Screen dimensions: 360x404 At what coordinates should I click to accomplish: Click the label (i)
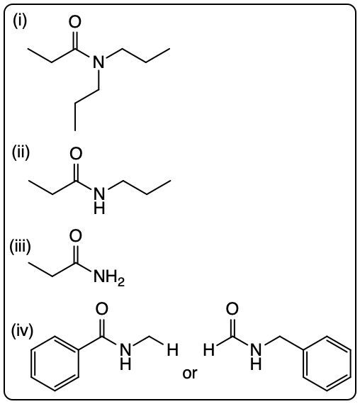click(20, 21)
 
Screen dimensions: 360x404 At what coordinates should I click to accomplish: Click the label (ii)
click(21, 152)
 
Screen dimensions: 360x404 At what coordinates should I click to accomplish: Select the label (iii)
click(20, 247)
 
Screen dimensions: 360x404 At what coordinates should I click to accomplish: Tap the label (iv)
click(22, 330)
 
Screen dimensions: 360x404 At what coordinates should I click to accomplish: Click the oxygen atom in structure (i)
click(74, 22)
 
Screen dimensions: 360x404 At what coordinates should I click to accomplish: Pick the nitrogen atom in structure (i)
click(99, 62)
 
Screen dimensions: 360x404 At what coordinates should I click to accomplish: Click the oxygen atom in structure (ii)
click(76, 153)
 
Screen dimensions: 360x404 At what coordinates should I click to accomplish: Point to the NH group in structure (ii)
click(99, 201)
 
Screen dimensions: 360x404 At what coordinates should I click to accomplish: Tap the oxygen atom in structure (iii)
click(76, 236)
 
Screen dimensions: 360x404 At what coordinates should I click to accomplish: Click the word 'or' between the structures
click(190, 373)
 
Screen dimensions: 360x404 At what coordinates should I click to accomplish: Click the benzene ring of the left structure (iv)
click(55, 364)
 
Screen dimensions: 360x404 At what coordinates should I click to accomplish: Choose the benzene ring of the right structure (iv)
click(327, 364)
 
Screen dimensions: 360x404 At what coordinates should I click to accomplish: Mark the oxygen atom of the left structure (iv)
click(102, 309)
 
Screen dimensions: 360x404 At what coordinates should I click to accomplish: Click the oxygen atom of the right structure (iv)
click(232, 309)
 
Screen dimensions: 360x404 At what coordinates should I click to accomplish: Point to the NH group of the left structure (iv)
click(125, 357)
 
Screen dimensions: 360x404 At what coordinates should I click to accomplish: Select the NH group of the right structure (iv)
click(256, 357)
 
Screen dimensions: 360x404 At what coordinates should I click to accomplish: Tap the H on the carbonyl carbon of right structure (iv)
click(209, 350)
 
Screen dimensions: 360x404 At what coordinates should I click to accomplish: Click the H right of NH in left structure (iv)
click(172, 350)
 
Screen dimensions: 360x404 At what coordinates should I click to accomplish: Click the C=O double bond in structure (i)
click(74, 40)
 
